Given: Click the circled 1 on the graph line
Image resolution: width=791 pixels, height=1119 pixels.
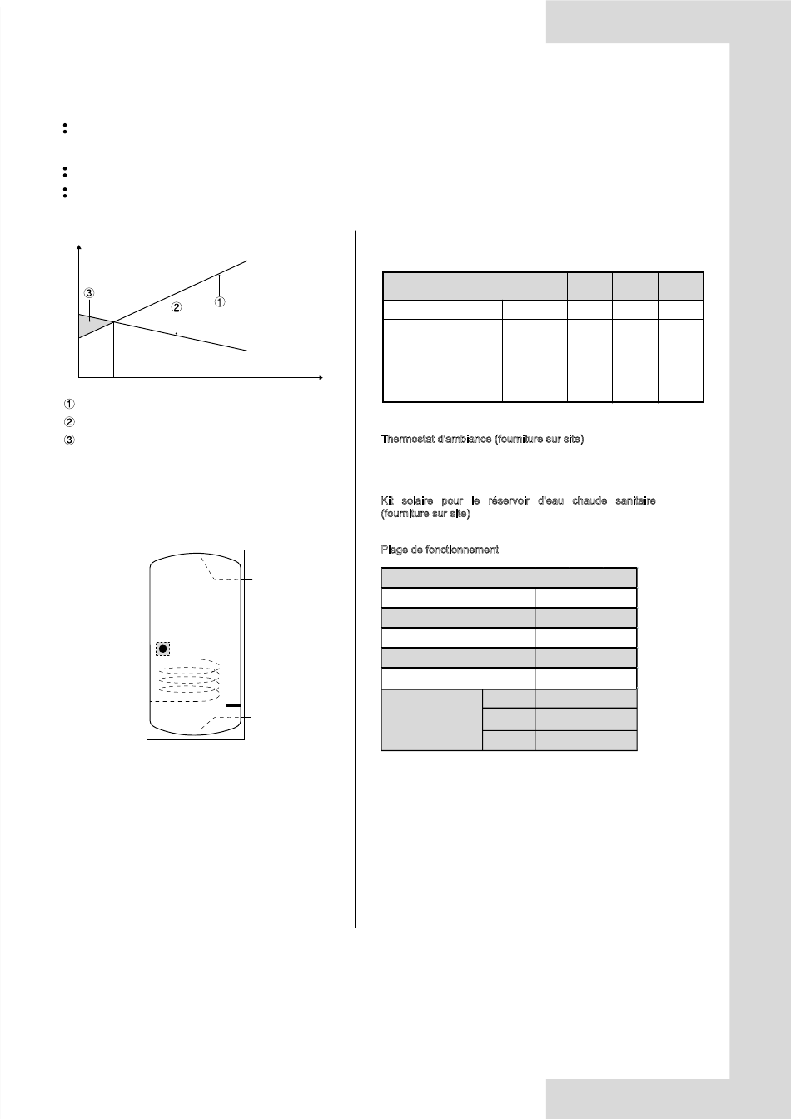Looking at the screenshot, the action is coord(220,301).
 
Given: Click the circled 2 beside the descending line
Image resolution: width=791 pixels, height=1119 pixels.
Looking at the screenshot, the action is coord(177,307).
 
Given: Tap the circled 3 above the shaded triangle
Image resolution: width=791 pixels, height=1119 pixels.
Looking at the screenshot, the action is coord(89,293).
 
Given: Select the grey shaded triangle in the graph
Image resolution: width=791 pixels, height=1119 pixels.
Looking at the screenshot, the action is coord(91,325).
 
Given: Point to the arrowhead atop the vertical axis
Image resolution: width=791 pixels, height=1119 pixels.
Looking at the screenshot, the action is coord(78,246).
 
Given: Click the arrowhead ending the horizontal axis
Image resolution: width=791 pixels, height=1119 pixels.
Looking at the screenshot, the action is coord(321,378).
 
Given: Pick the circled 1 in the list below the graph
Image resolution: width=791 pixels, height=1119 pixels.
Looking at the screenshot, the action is coord(69,404).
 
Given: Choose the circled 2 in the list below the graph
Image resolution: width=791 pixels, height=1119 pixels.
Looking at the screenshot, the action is coord(69,422).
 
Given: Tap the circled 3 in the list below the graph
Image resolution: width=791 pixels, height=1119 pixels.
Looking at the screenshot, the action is coord(69,440).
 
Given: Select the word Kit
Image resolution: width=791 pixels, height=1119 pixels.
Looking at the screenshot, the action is coord(387,500).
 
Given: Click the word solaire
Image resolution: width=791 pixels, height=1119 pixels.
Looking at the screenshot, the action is coord(417,500).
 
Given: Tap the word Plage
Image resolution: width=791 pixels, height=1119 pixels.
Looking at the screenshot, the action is coord(394,550).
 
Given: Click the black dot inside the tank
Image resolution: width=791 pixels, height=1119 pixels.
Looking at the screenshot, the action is coord(163,649).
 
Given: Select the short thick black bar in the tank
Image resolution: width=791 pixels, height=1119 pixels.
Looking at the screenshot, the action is coord(233,705).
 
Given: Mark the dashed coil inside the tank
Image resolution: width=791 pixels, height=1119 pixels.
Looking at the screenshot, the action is coord(189,680).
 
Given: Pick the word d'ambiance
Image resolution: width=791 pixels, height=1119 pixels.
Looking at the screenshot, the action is coord(465,439).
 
